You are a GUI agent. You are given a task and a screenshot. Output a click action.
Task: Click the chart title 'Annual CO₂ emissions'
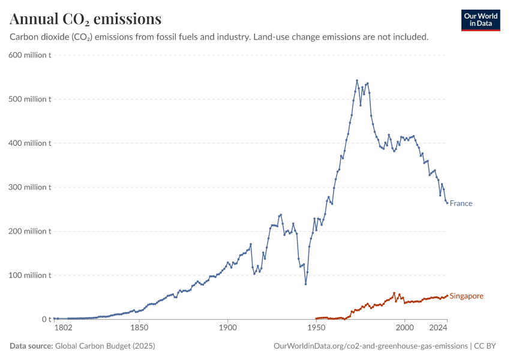(x=85, y=19)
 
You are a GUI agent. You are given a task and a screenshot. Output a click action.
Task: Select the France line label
(x=461, y=203)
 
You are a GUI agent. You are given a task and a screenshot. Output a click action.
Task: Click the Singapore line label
(x=466, y=296)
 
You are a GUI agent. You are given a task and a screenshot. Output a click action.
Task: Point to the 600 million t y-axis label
(x=29, y=55)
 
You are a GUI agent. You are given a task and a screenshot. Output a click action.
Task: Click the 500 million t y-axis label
(x=29, y=99)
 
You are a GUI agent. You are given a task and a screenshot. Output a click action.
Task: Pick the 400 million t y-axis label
(x=29, y=143)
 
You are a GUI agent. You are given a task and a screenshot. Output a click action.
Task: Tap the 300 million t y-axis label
(x=29, y=187)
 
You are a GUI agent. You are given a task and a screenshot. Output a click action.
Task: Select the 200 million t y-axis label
(x=29, y=231)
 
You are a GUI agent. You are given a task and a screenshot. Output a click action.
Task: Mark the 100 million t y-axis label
(x=29, y=275)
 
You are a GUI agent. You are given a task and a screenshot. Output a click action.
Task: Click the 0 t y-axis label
(x=46, y=319)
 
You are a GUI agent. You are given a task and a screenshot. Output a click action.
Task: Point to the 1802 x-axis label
(x=63, y=328)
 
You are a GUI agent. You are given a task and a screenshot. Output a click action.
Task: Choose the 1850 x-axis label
(x=139, y=328)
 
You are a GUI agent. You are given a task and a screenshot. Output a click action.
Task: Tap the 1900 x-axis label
(x=227, y=328)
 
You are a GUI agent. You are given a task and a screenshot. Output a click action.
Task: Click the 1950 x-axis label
(x=316, y=328)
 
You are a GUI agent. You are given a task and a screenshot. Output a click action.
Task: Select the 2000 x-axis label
(x=405, y=328)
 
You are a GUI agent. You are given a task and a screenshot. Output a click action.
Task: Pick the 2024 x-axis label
(x=439, y=328)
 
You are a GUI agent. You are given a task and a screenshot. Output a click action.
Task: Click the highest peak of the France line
(x=357, y=80)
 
